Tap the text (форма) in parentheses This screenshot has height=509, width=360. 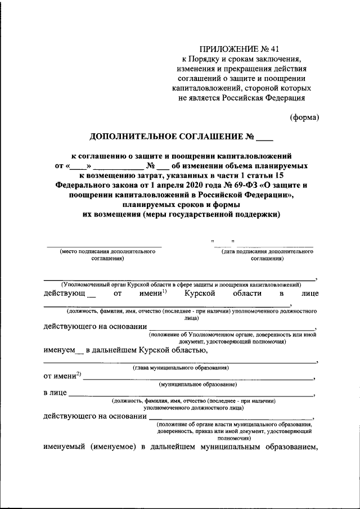coord(304,118)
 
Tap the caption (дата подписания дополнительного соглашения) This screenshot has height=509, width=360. coord(267,255)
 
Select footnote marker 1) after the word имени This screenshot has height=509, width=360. coord(164,291)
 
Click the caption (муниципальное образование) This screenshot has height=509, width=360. coord(197,384)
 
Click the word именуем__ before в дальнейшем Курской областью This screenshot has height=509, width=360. coord(63,350)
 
